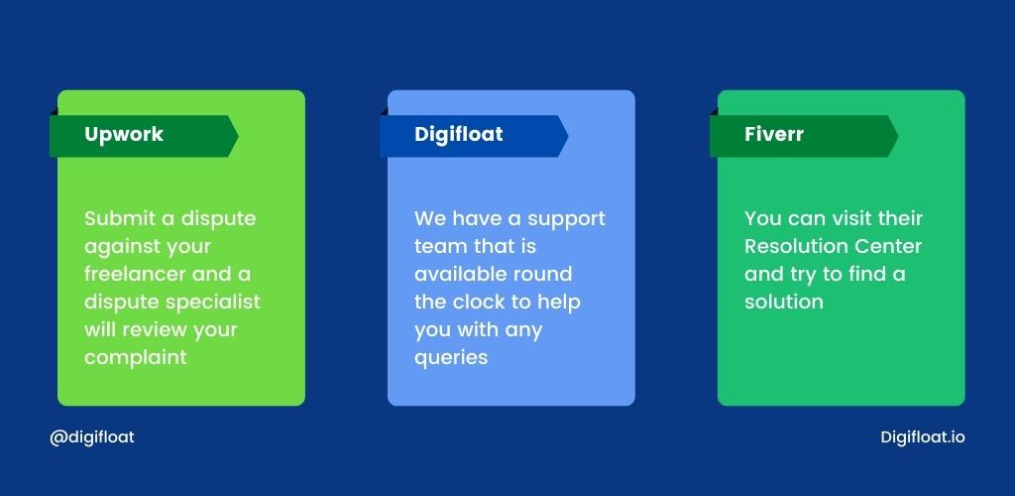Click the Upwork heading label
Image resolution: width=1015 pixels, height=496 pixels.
click(x=124, y=135)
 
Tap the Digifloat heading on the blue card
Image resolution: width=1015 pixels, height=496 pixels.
click(x=458, y=135)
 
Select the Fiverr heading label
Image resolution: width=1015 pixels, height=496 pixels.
click(x=773, y=134)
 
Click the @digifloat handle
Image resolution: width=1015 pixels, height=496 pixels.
click(x=92, y=437)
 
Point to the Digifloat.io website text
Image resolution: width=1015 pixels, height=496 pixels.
click(x=923, y=437)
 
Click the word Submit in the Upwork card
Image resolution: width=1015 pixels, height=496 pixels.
click(x=120, y=218)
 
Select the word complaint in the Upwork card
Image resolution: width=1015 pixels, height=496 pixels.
click(x=135, y=357)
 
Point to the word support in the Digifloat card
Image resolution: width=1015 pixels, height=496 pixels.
click(x=566, y=219)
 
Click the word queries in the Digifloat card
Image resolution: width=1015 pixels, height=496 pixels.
click(x=451, y=358)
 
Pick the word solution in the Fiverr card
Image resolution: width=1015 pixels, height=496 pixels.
click(x=784, y=302)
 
